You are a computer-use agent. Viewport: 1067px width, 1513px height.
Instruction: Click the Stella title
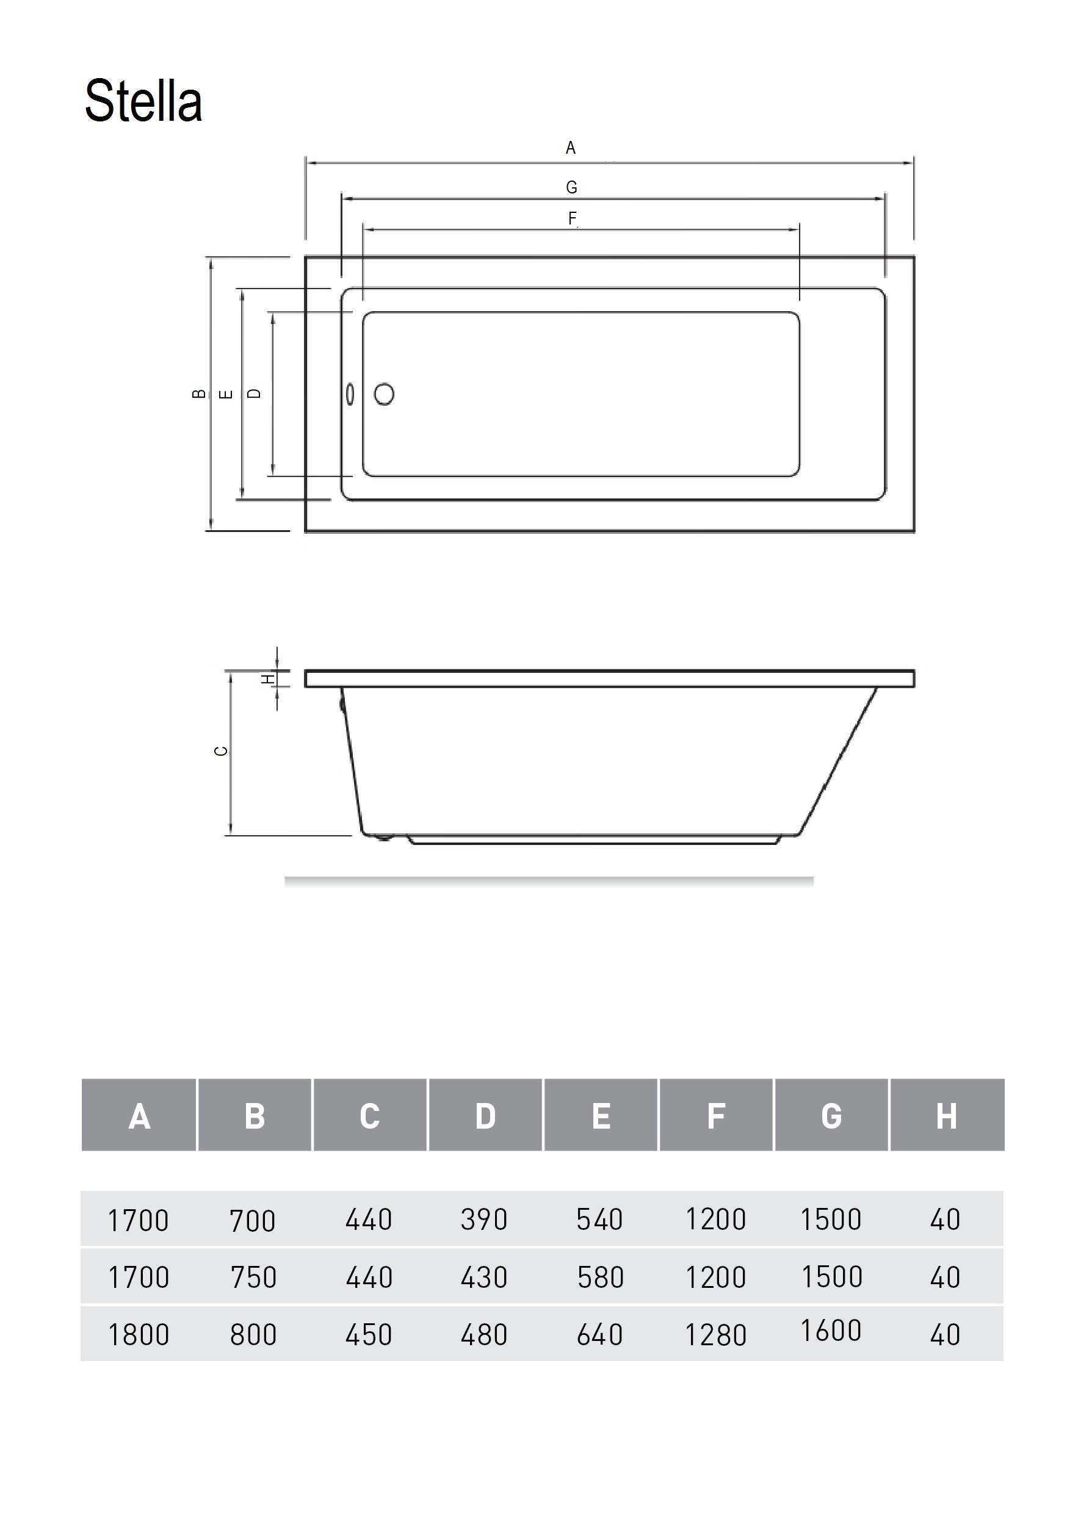[143, 101]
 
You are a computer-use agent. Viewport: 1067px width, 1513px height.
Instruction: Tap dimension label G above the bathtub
[572, 187]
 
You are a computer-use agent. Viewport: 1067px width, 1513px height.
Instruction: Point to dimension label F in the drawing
[572, 218]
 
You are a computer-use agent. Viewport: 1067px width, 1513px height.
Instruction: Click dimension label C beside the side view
[222, 750]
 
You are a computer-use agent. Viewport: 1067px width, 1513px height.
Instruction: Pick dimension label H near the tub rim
[268, 678]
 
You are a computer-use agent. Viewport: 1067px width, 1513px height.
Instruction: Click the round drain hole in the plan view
[384, 394]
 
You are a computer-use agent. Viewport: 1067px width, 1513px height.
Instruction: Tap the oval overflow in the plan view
[350, 394]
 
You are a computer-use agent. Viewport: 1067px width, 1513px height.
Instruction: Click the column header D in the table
[485, 1116]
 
